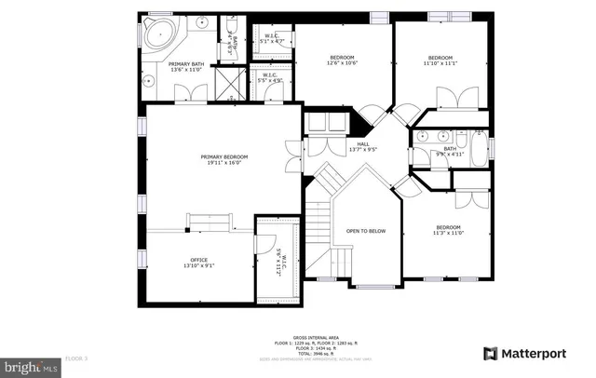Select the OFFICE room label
(198, 263)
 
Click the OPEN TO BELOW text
(366, 231)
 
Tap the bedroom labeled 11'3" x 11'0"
(449, 231)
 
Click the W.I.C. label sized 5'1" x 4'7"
(271, 38)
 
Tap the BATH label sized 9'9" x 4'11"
(450, 151)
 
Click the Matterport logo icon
(490, 354)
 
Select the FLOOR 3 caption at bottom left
(76, 358)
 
